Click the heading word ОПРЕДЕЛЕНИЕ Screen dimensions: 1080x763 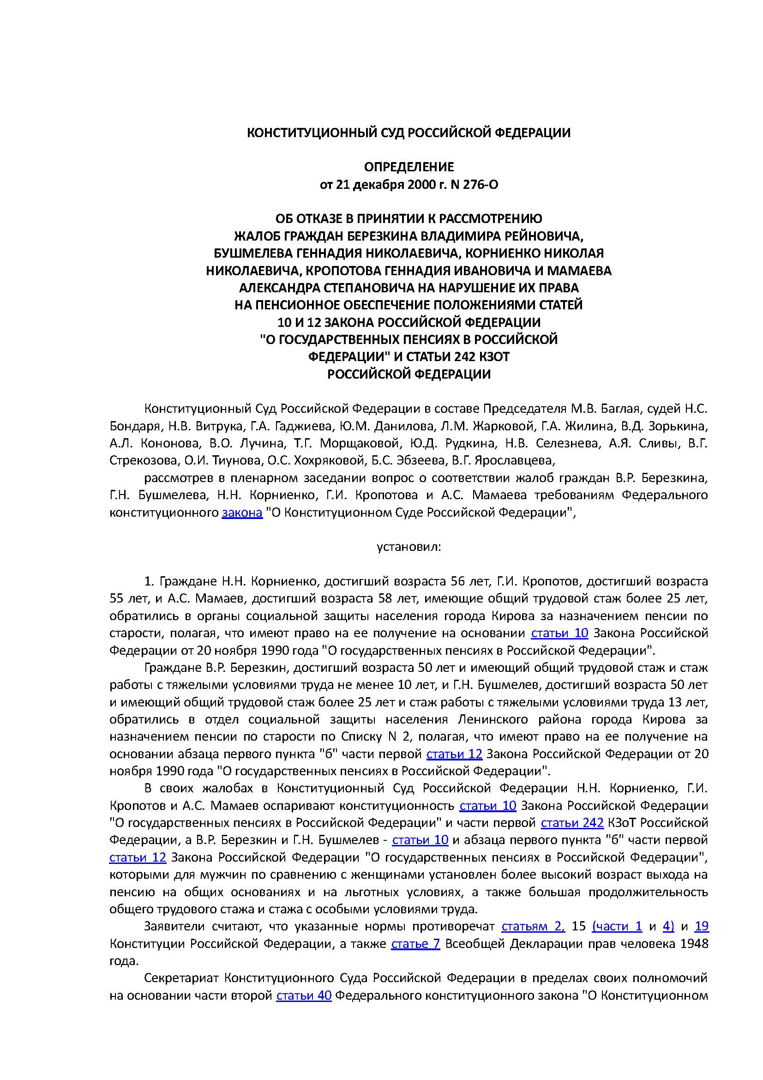tap(409, 167)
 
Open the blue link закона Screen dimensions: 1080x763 tap(242, 512)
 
